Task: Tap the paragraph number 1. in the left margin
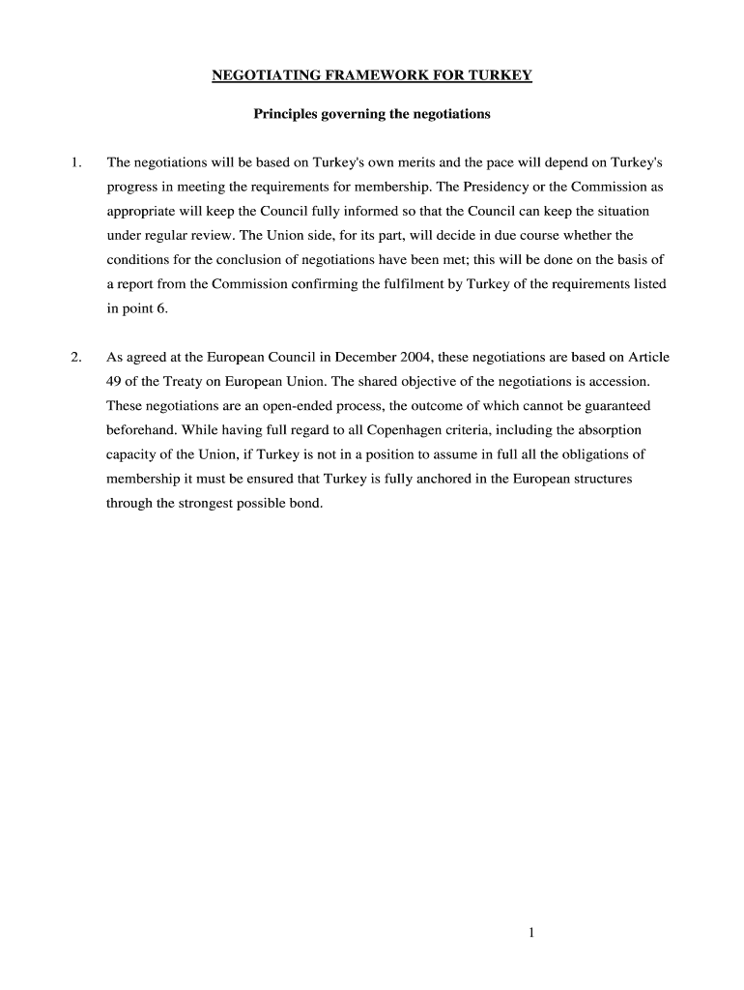76,161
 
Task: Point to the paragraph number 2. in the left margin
76,357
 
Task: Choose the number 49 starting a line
114,381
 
